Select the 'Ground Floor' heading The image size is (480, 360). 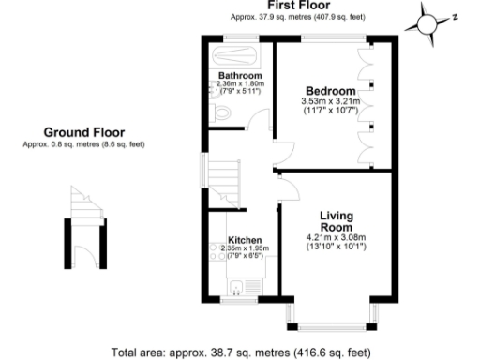84,132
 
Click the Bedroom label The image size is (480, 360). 328,90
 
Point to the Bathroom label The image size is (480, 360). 239,75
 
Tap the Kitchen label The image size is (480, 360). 245,240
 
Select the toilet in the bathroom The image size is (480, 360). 221,113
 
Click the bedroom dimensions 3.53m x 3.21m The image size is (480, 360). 328,101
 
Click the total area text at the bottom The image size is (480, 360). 239,352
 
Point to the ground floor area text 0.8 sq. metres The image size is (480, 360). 84,143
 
